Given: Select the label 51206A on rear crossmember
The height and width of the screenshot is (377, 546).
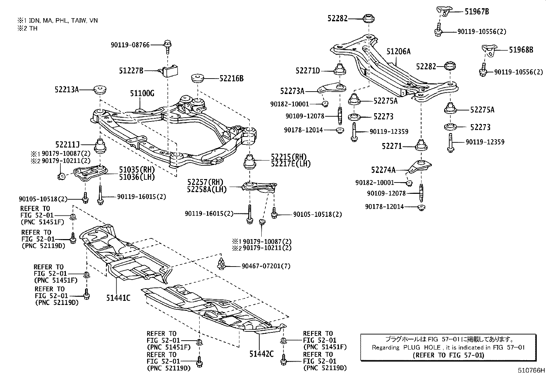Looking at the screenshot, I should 398,51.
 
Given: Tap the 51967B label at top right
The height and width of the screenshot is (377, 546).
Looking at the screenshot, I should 477,11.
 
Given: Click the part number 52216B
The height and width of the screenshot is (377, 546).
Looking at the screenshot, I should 232,79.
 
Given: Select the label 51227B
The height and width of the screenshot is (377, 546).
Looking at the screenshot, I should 131,71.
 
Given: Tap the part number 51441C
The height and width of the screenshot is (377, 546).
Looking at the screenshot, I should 118,298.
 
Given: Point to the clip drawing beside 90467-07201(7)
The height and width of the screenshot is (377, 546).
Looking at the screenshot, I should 221,264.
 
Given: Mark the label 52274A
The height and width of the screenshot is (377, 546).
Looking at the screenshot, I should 383,170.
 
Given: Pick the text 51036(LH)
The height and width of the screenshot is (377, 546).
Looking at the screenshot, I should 137,177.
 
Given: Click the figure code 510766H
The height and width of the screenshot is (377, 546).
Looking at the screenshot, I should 531,370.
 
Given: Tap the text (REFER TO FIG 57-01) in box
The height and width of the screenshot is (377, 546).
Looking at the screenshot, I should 448,355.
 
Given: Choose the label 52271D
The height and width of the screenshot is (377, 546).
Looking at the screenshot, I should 308,71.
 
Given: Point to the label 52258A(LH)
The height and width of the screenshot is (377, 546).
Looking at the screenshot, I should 207,189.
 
